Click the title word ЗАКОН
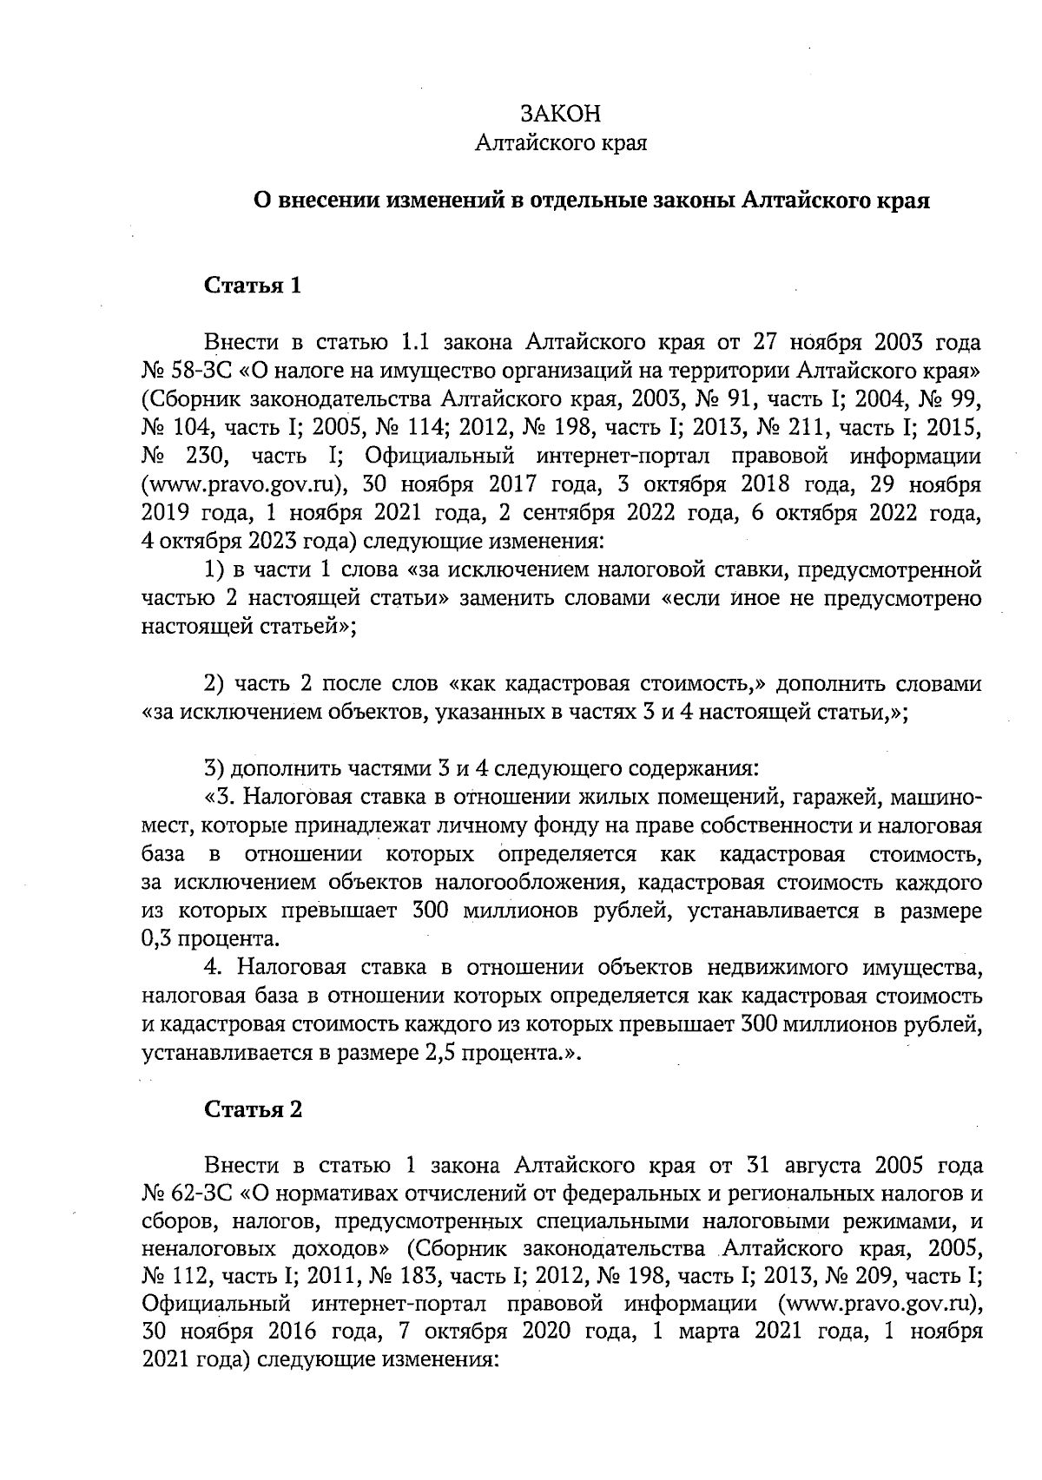(x=560, y=114)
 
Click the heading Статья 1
(x=253, y=286)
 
